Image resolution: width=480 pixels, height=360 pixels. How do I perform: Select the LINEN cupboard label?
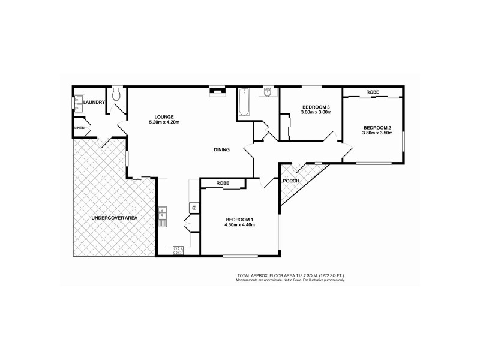coord(79,128)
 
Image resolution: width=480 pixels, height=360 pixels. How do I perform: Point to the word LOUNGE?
coord(164,116)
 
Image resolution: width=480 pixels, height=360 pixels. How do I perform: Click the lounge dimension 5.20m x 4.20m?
coord(164,122)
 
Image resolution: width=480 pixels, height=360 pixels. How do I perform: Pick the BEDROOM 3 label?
coord(316,106)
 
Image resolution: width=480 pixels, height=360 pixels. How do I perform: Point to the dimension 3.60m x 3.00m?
coord(316,112)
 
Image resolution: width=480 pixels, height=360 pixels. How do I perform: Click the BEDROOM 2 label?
coord(377,127)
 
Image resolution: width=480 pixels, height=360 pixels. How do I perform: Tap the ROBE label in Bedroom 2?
coord(373,92)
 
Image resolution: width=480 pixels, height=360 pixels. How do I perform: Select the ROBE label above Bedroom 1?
coord(222,182)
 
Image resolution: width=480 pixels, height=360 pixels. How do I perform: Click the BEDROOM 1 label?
coord(240,220)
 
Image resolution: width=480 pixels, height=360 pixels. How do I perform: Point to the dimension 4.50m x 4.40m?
coord(240,226)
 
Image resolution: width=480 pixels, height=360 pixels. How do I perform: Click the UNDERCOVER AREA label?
coord(114,218)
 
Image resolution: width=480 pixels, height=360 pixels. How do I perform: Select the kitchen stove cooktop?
coord(178,250)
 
